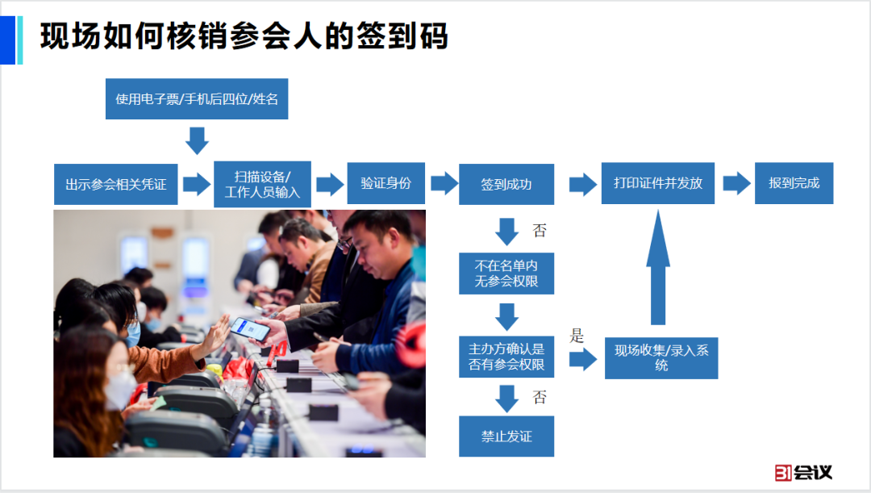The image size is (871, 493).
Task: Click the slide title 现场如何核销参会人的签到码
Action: pos(244,36)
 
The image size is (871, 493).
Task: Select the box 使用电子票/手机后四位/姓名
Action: pos(197,98)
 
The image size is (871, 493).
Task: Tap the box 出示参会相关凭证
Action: pos(116,184)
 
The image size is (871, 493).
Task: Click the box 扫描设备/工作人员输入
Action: pos(262,184)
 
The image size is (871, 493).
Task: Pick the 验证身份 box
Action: pos(385,183)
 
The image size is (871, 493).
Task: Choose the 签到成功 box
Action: pos(506,184)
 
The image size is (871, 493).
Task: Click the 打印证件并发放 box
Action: pos(658,183)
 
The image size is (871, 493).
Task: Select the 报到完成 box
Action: pos(794,183)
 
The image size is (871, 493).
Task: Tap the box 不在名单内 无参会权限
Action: pos(506,273)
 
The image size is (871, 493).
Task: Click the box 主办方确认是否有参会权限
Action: pos(506,357)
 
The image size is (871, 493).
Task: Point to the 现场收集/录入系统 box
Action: pos(661,357)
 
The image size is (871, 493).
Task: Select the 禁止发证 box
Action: pos(506,437)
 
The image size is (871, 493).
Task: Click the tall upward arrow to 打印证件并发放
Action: pos(658,266)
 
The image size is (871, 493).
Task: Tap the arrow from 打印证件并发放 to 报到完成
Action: pos(736,183)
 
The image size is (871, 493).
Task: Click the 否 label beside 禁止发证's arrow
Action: pos(540,397)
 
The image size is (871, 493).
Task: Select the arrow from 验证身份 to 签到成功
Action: pos(444,183)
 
